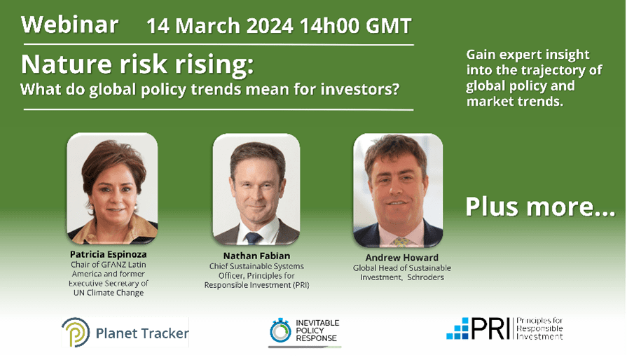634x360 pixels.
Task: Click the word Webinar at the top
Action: coord(69,25)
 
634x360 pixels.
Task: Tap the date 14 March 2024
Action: coord(219,27)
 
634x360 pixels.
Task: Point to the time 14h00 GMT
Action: coord(354,27)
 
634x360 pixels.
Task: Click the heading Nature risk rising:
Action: coord(137,64)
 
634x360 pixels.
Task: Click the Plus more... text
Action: coord(540,207)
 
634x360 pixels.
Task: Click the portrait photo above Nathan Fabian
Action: coord(256,189)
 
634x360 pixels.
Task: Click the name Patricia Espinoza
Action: coord(109,254)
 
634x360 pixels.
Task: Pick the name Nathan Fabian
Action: coord(256,256)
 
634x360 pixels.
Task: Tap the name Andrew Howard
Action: coord(401,258)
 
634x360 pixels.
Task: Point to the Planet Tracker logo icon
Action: coord(75,333)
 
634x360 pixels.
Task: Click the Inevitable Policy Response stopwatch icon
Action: coord(280,330)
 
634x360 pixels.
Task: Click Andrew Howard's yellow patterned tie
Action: coord(400,242)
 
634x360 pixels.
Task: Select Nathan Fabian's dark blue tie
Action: coord(253,237)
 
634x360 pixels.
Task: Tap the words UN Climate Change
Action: coord(109,293)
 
